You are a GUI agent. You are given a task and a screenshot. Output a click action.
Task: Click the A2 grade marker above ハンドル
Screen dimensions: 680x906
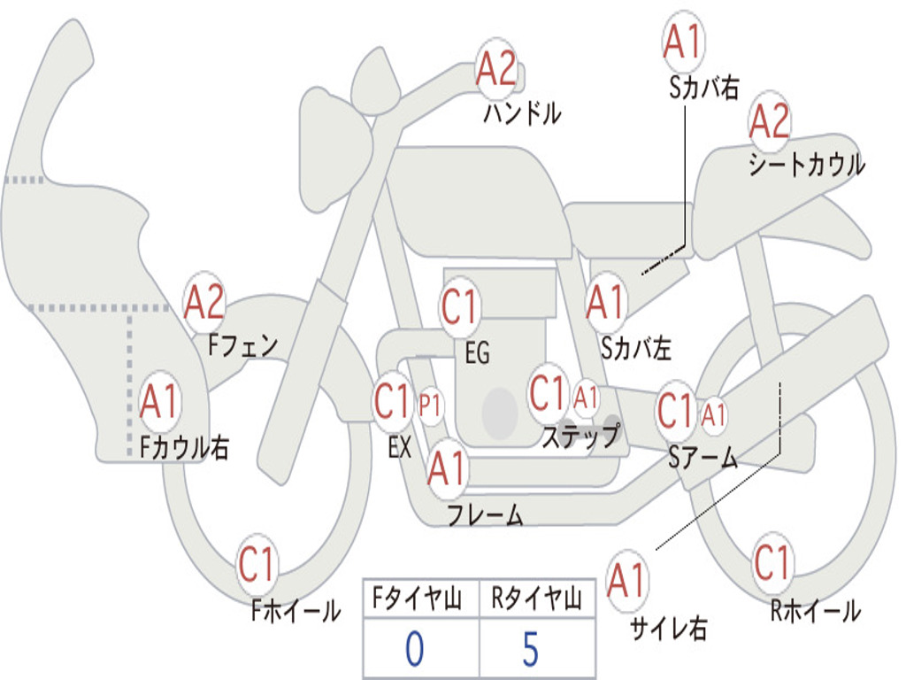point(496,69)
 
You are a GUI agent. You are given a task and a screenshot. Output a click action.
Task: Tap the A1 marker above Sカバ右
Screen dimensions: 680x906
point(682,42)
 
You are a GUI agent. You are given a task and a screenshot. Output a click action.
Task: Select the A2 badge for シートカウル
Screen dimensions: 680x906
point(769,121)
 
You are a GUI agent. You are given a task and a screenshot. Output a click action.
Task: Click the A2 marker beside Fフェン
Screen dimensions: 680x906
point(204,303)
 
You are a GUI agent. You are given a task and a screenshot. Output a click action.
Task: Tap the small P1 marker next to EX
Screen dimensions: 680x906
point(430,406)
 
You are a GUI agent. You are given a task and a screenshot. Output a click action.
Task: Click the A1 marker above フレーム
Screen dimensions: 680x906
point(447,467)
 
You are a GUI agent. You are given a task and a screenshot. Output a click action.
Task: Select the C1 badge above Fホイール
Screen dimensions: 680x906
point(258,564)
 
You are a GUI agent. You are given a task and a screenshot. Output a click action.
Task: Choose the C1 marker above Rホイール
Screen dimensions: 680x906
point(772,561)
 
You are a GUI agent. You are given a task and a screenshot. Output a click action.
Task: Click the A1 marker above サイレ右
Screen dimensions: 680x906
point(627,581)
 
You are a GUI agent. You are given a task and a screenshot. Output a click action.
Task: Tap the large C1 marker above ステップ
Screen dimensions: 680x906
point(548,392)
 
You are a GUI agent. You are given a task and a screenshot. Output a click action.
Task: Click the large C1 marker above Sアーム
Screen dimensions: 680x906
point(677,410)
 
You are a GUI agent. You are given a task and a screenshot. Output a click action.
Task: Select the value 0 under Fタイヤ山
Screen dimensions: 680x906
point(414,649)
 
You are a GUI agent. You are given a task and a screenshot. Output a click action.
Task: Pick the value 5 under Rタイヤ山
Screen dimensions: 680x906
point(531,649)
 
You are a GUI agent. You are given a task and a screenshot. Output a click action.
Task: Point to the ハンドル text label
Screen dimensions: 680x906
point(522,113)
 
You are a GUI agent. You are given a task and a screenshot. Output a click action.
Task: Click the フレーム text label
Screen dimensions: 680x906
point(485,514)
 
